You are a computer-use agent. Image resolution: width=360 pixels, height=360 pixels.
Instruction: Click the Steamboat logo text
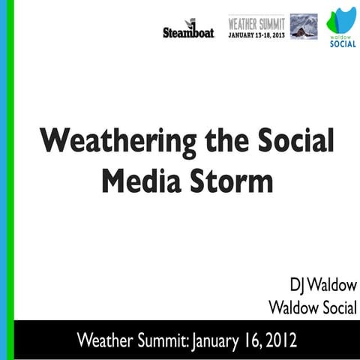pyautogui.click(x=188, y=32)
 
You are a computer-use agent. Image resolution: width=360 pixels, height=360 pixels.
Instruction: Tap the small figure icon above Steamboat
pyautogui.click(x=190, y=23)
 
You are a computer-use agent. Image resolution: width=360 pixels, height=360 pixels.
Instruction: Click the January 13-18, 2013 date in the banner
pyautogui.click(x=257, y=34)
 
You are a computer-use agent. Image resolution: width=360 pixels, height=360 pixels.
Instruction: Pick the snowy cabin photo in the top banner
pyautogui.click(x=304, y=26)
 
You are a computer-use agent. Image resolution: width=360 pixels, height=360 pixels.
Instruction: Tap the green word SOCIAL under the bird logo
pyautogui.click(x=343, y=44)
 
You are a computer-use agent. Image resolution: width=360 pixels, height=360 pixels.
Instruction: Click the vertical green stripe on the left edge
pyautogui.click(x=10, y=180)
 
